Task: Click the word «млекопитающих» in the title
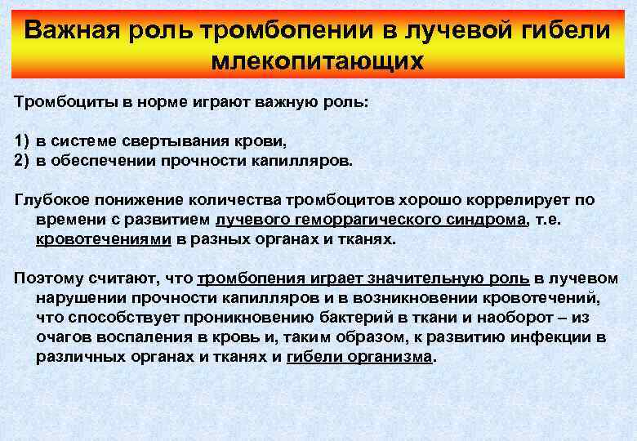point(318,61)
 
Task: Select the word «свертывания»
point(163,142)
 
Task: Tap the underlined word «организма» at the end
point(391,357)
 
